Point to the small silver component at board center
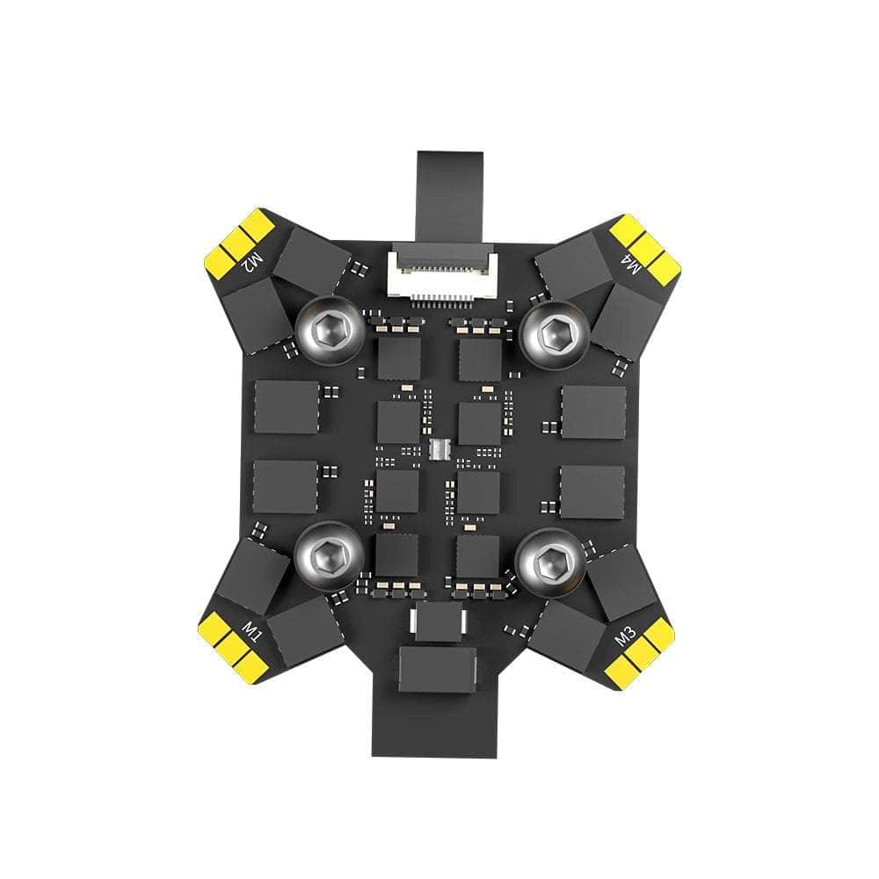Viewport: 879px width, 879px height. click(x=439, y=448)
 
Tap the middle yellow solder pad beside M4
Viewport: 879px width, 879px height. click(x=646, y=245)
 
